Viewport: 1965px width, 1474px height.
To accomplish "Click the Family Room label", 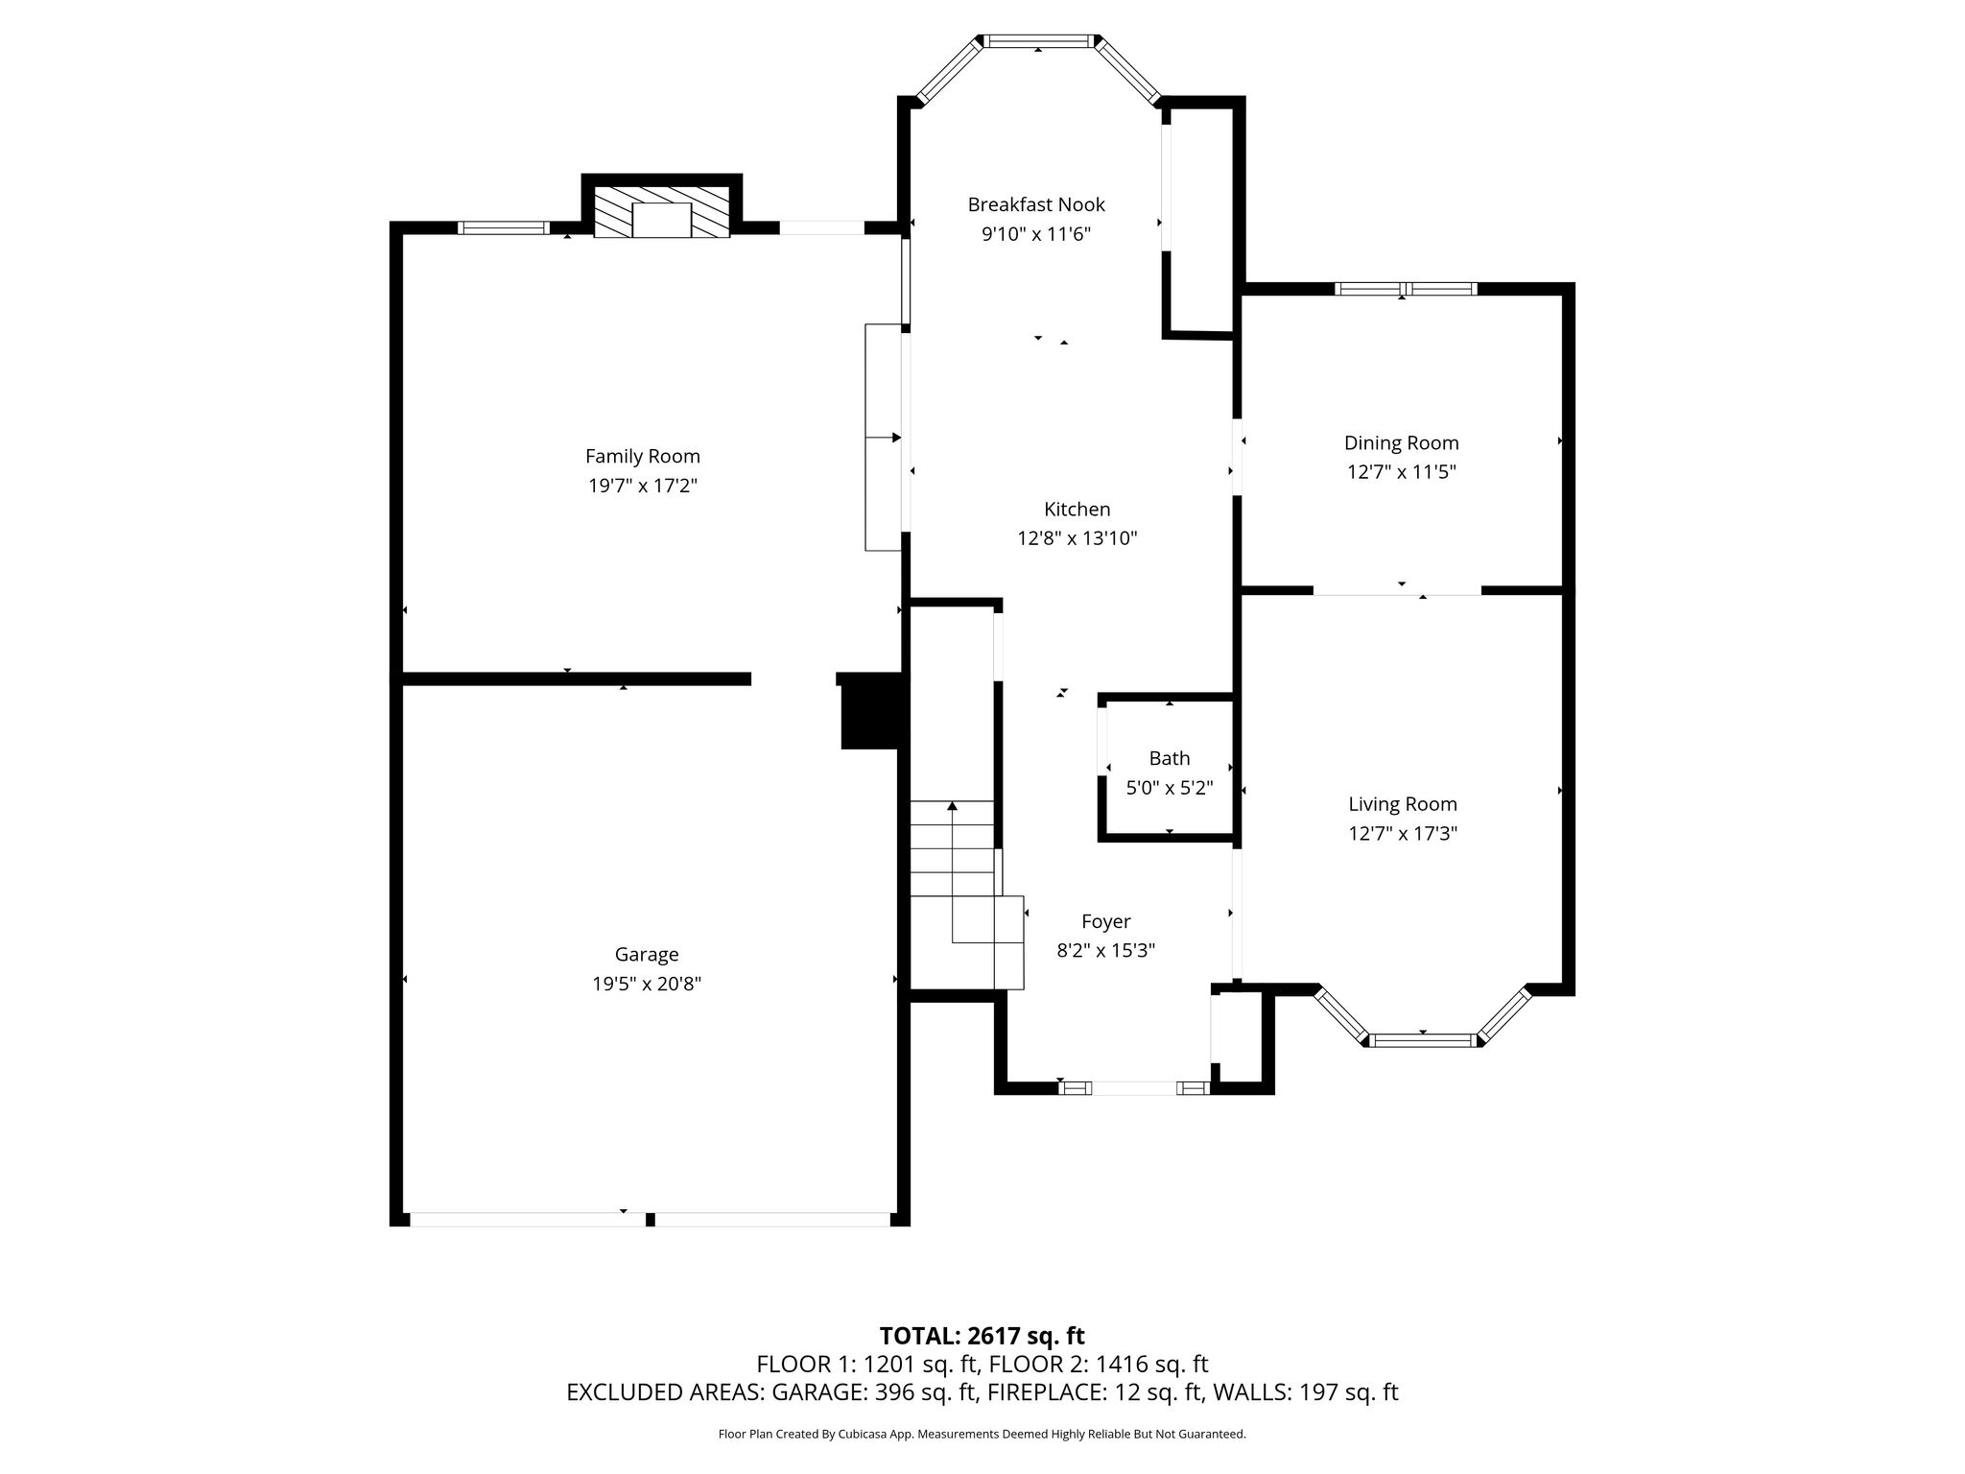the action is pos(643,456).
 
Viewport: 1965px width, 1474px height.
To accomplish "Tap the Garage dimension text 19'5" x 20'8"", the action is pos(647,984).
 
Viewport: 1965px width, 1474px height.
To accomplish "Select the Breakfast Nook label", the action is pos(1036,204).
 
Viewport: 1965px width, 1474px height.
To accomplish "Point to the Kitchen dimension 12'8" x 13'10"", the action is pos(1077,538).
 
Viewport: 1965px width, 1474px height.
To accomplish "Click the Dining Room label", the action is pos(1401,443).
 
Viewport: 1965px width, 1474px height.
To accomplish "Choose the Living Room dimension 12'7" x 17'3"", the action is pos(1403,834).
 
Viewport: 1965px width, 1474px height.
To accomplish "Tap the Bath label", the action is pos(1170,758).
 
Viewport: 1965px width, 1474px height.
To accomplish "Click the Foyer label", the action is pos(1105,922).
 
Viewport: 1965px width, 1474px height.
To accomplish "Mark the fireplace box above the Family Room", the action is pos(662,213).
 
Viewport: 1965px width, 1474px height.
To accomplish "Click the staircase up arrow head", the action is pos(952,807).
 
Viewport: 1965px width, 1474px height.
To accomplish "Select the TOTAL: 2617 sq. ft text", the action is pos(982,1336).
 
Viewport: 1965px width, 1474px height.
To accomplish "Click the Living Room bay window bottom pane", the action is pos(1423,1040).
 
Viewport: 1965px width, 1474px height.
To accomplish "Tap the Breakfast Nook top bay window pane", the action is pos(1039,41).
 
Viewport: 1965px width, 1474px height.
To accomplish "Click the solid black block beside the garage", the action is pos(873,711).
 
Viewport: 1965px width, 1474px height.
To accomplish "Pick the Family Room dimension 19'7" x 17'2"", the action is pos(643,486).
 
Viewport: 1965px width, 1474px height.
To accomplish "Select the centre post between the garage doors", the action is pos(650,1220).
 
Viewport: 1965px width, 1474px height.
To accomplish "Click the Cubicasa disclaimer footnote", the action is pos(982,1435).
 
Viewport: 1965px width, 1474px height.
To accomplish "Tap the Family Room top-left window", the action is pos(503,227).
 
